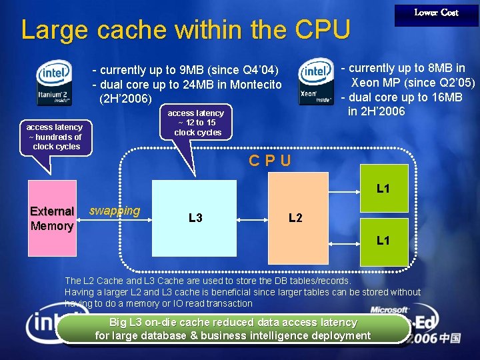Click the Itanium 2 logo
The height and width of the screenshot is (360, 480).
click(55, 83)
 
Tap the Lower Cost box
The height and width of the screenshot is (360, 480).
click(436, 13)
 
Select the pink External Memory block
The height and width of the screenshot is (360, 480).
click(52, 218)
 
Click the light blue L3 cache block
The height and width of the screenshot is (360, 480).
click(195, 218)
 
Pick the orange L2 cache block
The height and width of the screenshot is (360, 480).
click(295, 218)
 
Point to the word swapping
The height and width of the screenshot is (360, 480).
click(115, 211)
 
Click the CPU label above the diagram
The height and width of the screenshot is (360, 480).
click(269, 161)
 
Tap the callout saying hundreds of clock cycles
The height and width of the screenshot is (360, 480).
click(55, 137)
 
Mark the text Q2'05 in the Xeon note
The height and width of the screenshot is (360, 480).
click(453, 83)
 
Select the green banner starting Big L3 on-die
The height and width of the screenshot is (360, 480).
click(233, 329)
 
